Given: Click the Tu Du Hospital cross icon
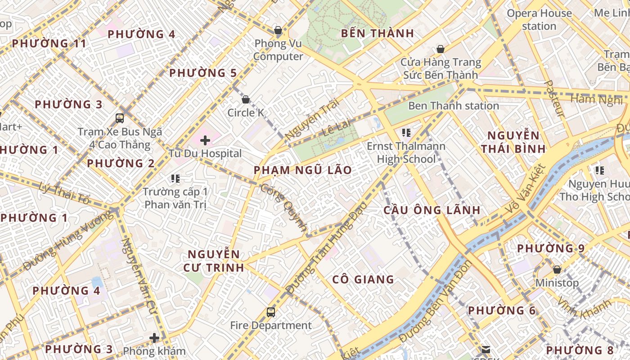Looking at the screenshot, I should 205,140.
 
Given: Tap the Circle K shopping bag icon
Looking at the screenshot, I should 246,99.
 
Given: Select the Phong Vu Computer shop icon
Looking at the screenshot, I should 278,31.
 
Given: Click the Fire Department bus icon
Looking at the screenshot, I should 270,312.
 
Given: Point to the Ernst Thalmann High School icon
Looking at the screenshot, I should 406,133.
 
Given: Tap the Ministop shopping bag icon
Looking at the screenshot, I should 557,270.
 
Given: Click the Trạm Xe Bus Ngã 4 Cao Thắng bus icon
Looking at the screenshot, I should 119,118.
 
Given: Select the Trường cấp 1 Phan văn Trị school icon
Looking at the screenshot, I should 175,179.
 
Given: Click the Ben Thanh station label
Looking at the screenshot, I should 453,106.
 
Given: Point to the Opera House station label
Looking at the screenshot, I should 539,20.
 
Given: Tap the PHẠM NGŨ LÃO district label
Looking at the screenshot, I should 302,170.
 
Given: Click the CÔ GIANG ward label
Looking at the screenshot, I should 363,279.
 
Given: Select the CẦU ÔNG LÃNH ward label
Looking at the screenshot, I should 432,210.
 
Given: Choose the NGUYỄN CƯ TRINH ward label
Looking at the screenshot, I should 213,261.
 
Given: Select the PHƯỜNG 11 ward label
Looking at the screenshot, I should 49,44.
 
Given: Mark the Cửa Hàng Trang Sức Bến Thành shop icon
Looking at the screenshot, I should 441,49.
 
